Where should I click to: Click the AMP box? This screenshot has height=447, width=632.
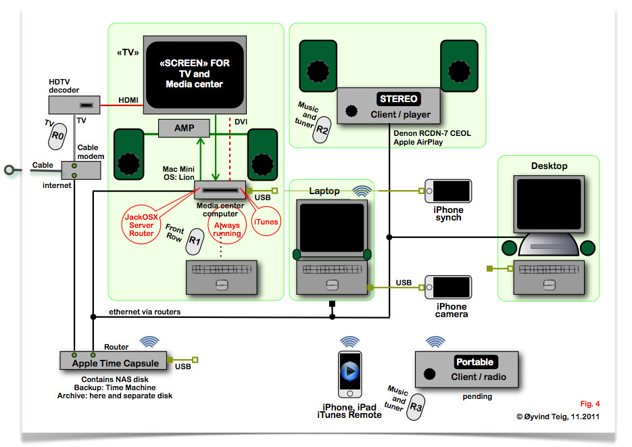[x=184, y=128]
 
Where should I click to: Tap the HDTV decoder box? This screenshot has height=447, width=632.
[x=74, y=105]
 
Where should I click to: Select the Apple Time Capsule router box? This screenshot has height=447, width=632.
[x=114, y=360]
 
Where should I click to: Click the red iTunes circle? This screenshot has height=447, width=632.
[x=266, y=221]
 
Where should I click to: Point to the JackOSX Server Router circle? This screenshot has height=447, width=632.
[x=141, y=225]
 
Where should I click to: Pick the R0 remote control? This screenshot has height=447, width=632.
[x=57, y=136]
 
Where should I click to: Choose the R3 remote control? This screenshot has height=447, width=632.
[x=416, y=407]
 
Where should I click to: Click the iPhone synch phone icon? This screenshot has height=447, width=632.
[x=447, y=191]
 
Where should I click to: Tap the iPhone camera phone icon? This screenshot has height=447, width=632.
[x=447, y=287]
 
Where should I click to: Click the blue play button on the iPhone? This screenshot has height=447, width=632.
[x=350, y=371]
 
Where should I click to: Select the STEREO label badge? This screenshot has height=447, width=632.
[x=399, y=99]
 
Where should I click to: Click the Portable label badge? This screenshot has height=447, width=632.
[x=475, y=362]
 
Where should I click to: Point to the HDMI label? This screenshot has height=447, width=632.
[x=128, y=100]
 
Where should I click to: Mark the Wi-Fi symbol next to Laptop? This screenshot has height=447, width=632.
[x=362, y=191]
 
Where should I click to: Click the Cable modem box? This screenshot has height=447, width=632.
[x=81, y=170]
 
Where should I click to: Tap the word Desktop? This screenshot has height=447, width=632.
[x=549, y=166]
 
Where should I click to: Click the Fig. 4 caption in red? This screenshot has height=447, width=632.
[x=589, y=404]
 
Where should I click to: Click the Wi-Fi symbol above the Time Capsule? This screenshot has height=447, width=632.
[x=149, y=342]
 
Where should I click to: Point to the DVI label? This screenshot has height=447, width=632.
[x=241, y=122]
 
